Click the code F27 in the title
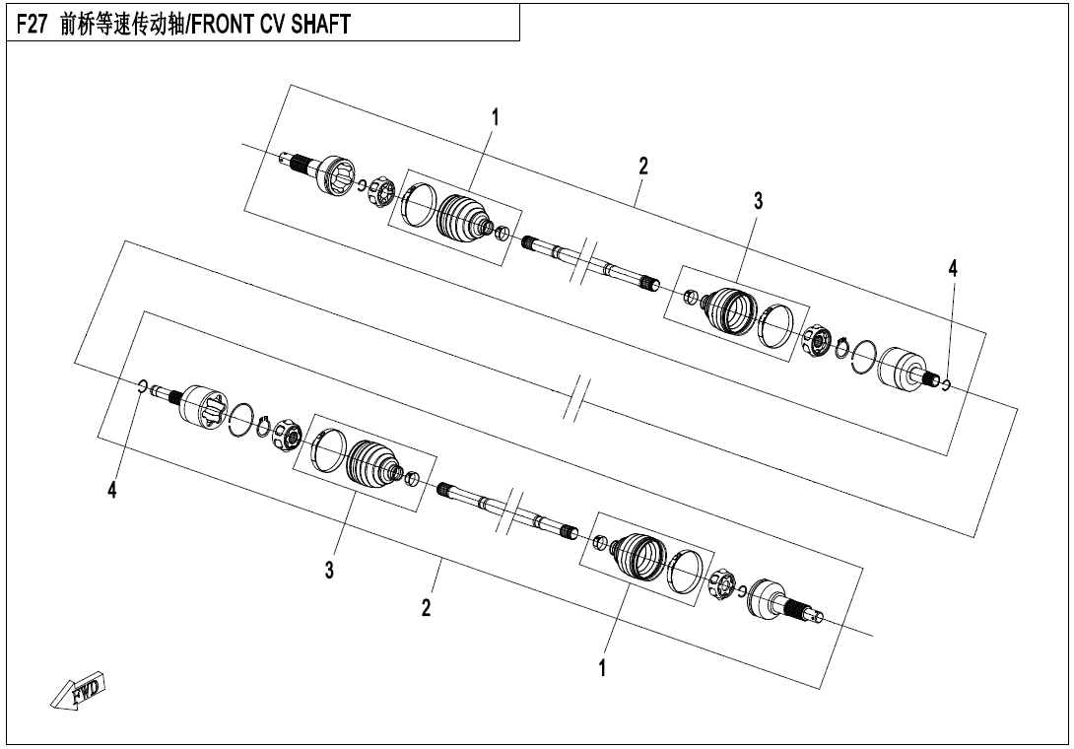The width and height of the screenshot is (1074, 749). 33,25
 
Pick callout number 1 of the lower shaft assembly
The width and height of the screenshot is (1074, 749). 602,669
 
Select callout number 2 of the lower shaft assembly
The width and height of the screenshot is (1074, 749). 426,608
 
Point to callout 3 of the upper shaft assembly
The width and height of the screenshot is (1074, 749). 758,202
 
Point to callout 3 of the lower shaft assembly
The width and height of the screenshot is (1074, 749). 330,570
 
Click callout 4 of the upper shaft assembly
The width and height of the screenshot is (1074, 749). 953,267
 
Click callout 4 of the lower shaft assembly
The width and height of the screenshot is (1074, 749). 112,491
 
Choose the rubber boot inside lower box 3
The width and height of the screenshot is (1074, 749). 373,461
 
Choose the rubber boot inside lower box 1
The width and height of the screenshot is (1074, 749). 641,558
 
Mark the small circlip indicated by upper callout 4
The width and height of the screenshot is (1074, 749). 946,383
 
